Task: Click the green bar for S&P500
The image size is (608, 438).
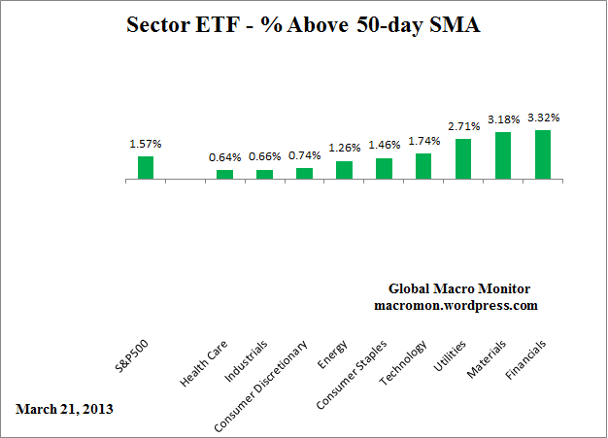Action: [x=146, y=168]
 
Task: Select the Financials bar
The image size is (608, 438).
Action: [x=543, y=155]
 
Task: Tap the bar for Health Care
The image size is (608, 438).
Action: [x=224, y=175]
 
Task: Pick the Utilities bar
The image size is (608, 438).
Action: [x=463, y=159]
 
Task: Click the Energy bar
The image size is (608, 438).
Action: [x=344, y=170]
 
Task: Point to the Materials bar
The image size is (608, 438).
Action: [x=503, y=156]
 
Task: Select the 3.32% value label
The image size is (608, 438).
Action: [x=543, y=118]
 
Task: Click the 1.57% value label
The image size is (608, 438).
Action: [x=146, y=144]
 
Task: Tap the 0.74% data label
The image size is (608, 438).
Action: [x=304, y=155]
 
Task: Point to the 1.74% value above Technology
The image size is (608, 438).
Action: [x=423, y=141]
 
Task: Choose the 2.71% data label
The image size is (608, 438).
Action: [x=463, y=126]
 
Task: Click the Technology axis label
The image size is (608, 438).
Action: [x=404, y=362]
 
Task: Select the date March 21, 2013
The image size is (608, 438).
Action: [x=64, y=409]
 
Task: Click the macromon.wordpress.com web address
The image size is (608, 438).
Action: [x=456, y=305]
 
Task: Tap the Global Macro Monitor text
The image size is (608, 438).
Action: [x=459, y=288]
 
